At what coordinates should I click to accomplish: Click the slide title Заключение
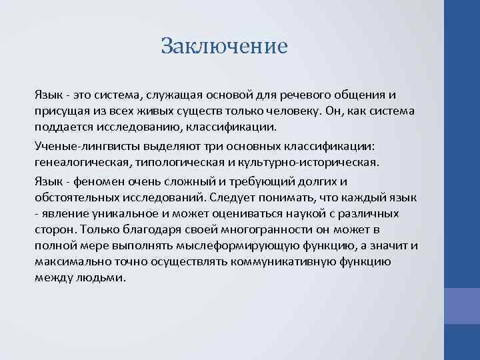[x=224, y=46]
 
